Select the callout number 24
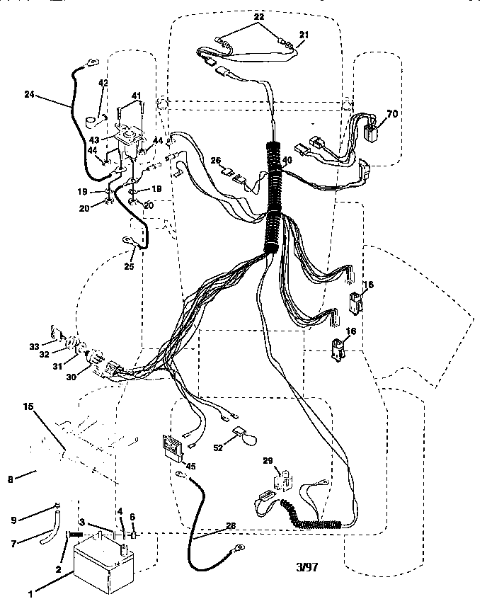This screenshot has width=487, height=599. point(29,94)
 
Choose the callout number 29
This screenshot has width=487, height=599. point(268,460)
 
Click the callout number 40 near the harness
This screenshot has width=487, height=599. point(287,160)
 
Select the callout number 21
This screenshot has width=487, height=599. point(304,35)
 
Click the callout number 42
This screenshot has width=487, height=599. point(103,84)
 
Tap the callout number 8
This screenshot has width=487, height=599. point(10,479)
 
